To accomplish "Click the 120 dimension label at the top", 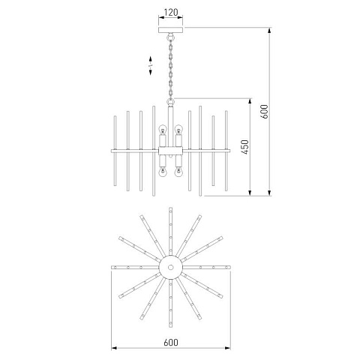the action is (171, 12).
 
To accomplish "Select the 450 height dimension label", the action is (245, 147).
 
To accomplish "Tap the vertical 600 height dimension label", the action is (265, 112).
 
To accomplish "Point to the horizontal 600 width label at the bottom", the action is (171, 342).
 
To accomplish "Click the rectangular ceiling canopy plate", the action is (171, 30).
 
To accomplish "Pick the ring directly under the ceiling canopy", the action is (171, 37).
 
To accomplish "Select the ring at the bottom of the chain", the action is (171, 102).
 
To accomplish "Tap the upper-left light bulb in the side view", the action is (163, 130).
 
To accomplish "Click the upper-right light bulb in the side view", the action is (178, 130).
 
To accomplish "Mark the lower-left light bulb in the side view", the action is (163, 172).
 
